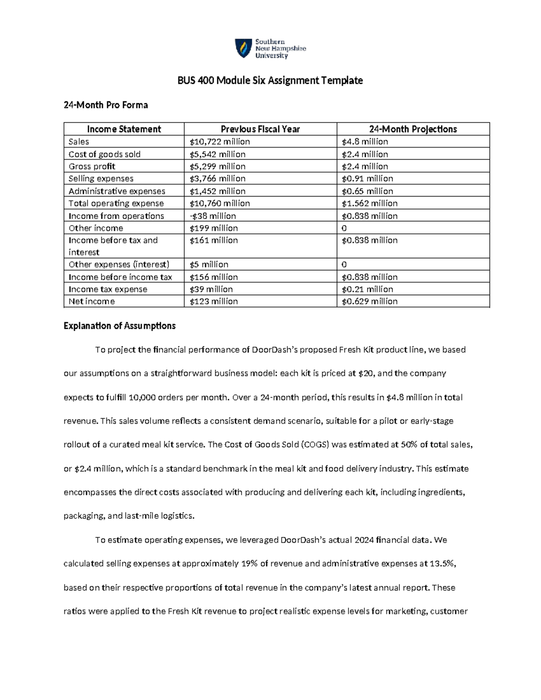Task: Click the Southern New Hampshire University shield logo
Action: [x=243, y=48]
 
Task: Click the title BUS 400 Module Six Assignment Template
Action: [x=270, y=81]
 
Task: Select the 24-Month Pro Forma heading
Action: [x=105, y=105]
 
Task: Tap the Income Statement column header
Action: [x=124, y=129]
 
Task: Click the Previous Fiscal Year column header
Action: [x=260, y=129]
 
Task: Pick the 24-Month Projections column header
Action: [x=413, y=129]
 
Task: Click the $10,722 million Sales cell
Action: [x=220, y=142]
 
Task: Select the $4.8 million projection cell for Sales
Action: [x=365, y=142]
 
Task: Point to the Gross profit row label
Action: [x=92, y=166]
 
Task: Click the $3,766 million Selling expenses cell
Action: [x=217, y=178]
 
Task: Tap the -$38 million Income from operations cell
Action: [x=212, y=216]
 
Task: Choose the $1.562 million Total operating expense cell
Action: [x=369, y=203]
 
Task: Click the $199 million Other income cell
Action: [x=213, y=228]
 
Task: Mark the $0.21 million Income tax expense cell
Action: [x=367, y=289]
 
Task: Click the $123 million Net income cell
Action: [x=213, y=302]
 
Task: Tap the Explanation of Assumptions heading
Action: [x=119, y=326]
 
